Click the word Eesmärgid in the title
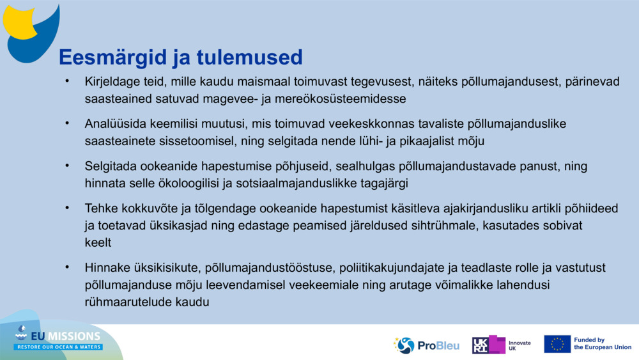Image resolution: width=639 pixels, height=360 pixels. (x=105, y=58)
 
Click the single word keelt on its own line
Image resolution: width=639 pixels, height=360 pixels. (x=98, y=242)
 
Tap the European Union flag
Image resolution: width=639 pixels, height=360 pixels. (x=557, y=344)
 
